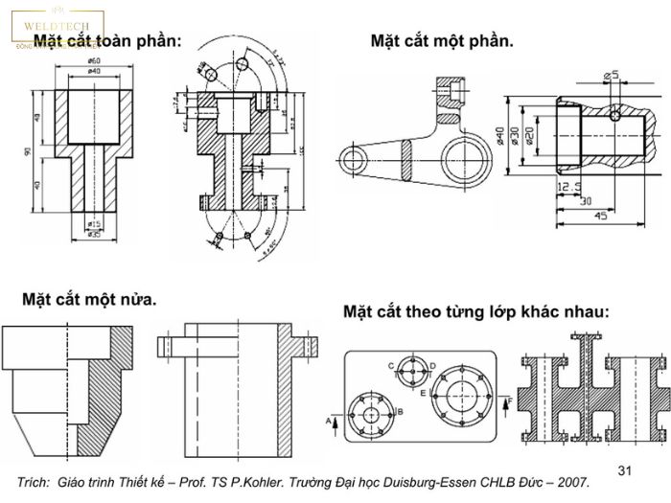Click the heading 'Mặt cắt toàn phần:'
pos(107,41)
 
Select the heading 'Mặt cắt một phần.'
pos(442,41)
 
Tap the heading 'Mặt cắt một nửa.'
pos(91,300)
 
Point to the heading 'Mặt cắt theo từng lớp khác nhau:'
pos(475,311)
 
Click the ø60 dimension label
pos(95,61)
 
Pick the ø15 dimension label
pos(94,224)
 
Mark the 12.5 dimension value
pos(563,187)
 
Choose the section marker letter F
pos(509,398)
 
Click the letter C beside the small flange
pos(391,365)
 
